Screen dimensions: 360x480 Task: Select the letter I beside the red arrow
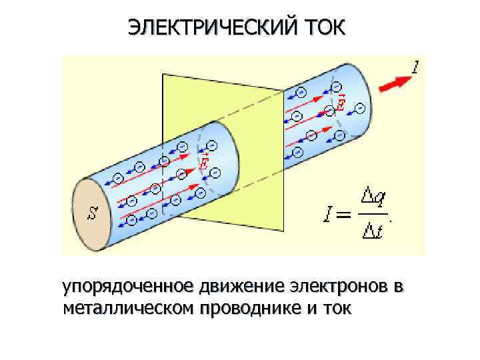pyautogui.click(x=415, y=67)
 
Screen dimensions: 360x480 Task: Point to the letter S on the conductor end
pyautogui.click(x=93, y=213)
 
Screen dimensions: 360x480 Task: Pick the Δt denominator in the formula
pyautogui.click(x=371, y=231)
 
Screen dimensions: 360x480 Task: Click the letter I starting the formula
pyautogui.click(x=327, y=214)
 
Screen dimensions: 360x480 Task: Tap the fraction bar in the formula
pyautogui.click(x=372, y=214)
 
